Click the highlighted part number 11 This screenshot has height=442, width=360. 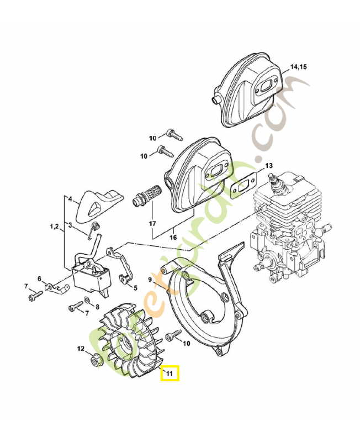tap(170, 375)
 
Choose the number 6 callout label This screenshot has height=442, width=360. tap(39, 278)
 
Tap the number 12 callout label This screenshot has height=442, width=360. tap(80, 349)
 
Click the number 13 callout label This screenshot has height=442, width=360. tap(269, 165)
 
